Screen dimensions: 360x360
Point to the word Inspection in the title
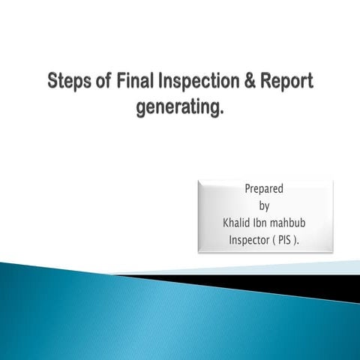pyautogui.click(x=199, y=82)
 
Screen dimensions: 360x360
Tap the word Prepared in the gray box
pyautogui.click(x=264, y=188)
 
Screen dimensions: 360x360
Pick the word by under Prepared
pyautogui.click(x=264, y=205)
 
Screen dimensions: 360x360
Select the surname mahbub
pyautogui.click(x=292, y=223)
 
